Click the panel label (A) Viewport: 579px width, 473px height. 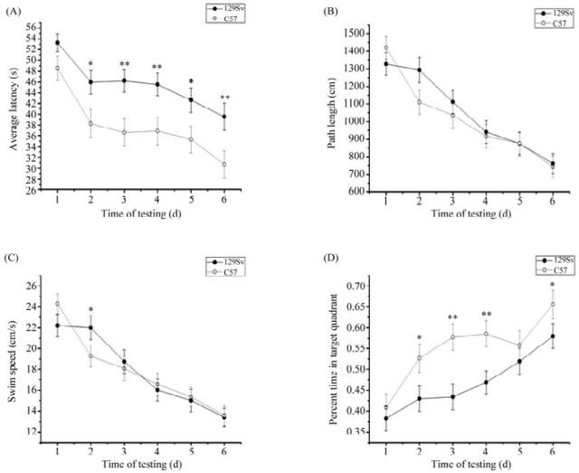pos(14,10)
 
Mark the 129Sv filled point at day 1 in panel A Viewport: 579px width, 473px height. pos(57,43)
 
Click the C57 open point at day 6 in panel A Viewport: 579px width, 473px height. pos(224,164)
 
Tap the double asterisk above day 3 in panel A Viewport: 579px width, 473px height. pos(124,63)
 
